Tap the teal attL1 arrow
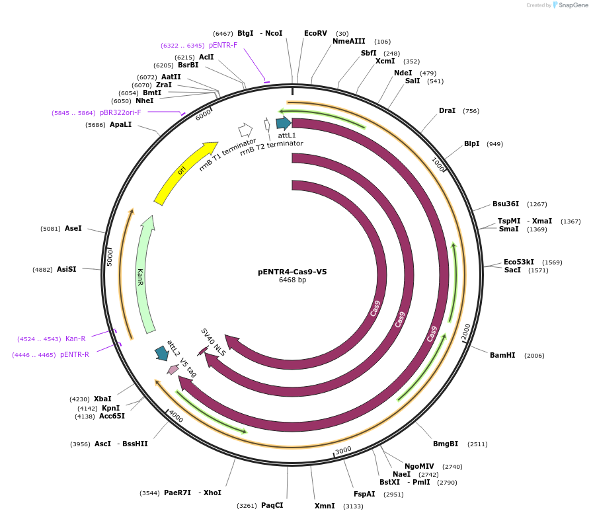284,122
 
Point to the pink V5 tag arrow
173,369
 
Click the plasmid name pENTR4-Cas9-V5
292,271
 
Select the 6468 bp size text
292,280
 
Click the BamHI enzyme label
502,355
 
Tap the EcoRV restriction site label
315,33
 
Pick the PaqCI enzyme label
272,506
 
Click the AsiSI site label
66,269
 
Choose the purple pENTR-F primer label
223,45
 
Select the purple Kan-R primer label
75,338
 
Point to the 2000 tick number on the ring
466,332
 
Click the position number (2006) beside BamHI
534,356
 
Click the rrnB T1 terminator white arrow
245,130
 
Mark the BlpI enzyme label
471,143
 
